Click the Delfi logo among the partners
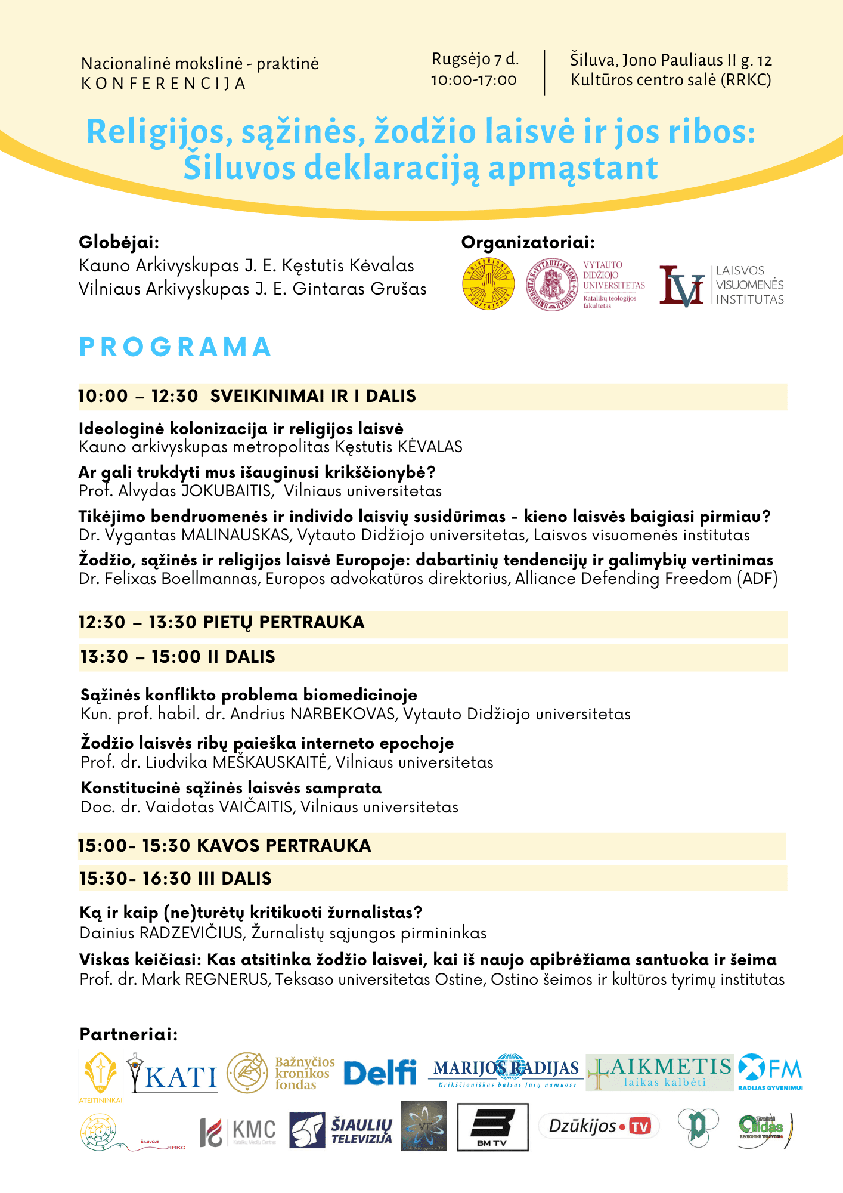click(380, 1073)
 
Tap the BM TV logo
click(492, 1127)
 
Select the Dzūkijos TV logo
click(599, 1126)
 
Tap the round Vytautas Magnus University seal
click(551, 285)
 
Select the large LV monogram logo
click(681, 286)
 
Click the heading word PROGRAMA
click(176, 347)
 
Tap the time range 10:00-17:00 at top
click(474, 80)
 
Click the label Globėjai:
click(119, 242)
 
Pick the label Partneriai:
click(129, 1034)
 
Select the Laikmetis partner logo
click(660, 1072)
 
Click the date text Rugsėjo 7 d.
click(475, 60)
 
